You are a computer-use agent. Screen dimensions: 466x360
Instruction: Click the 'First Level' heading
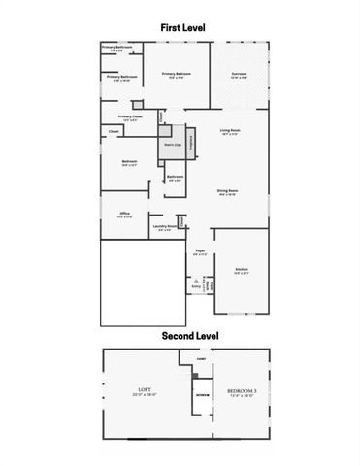coord(180,30)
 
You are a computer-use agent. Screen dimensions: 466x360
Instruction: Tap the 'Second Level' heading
coord(180,336)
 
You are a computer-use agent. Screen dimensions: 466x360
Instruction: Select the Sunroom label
coord(239,75)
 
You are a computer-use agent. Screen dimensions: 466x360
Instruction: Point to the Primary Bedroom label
coord(176,75)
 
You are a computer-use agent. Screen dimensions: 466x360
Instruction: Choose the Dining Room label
coord(229,191)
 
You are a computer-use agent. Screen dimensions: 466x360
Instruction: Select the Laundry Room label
coord(166,228)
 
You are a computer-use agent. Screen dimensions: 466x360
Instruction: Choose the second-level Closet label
coord(202,358)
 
